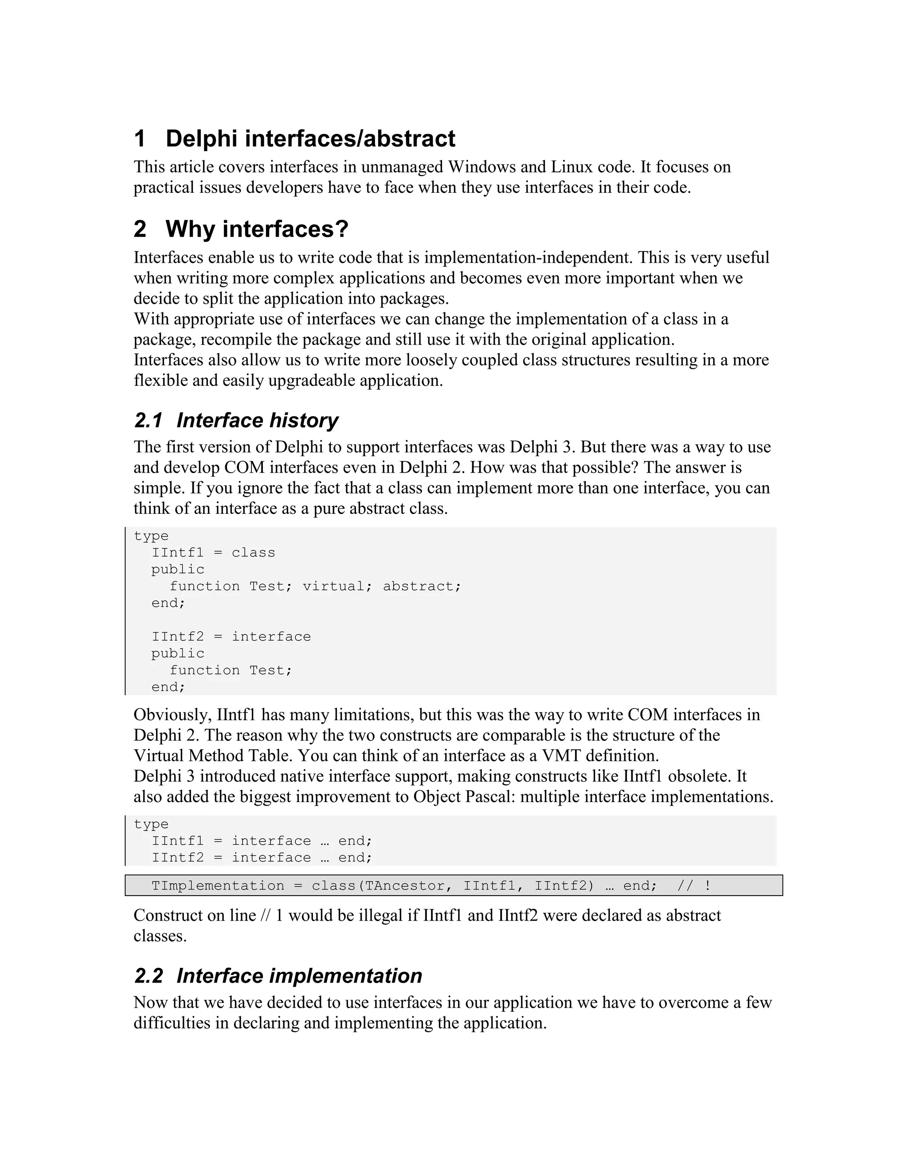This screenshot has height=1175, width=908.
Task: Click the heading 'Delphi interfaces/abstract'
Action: click(310, 139)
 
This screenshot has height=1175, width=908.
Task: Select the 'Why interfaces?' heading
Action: click(257, 229)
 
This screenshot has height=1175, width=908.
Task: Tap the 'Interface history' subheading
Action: click(257, 420)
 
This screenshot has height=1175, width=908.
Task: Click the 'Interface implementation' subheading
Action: click(299, 976)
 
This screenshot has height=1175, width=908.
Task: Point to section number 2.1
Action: click(148, 420)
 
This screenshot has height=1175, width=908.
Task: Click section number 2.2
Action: click(148, 976)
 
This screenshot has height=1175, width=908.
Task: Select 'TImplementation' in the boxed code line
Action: click(218, 885)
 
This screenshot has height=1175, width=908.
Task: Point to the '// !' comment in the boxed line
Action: click(694, 885)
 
